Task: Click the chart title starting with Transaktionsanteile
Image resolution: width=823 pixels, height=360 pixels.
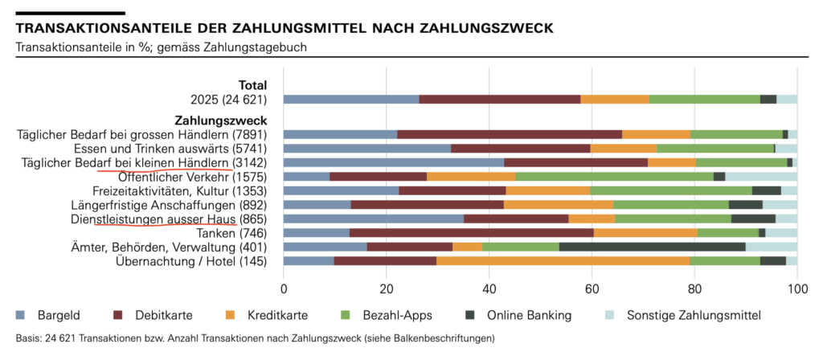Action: pos(285,28)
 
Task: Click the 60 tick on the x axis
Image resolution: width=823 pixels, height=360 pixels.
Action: pos(592,289)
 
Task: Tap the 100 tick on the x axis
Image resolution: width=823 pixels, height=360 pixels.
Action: pos(796,289)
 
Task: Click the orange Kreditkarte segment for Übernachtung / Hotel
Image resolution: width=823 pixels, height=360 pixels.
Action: pos(563,260)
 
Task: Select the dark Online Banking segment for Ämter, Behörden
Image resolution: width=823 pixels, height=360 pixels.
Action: pos(652,247)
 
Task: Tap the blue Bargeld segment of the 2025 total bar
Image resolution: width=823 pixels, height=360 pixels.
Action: pos(351,99)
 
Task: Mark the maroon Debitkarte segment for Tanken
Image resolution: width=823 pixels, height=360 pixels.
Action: pos(472,233)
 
